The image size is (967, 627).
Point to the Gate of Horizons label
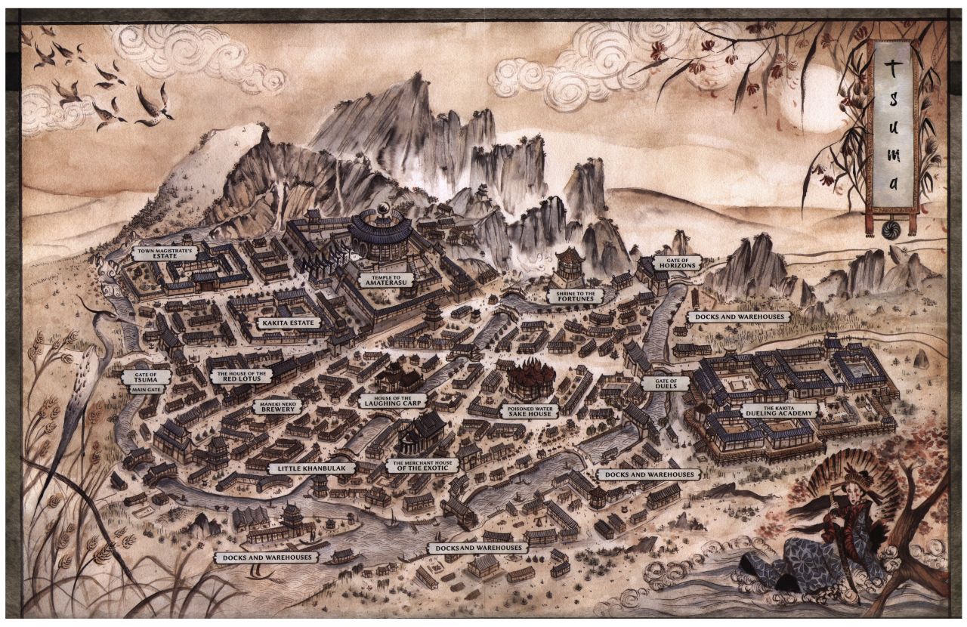[678, 263]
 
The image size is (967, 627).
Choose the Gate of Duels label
[665, 382]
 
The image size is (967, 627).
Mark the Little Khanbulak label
[301, 468]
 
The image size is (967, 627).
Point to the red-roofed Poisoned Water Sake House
[530, 378]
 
